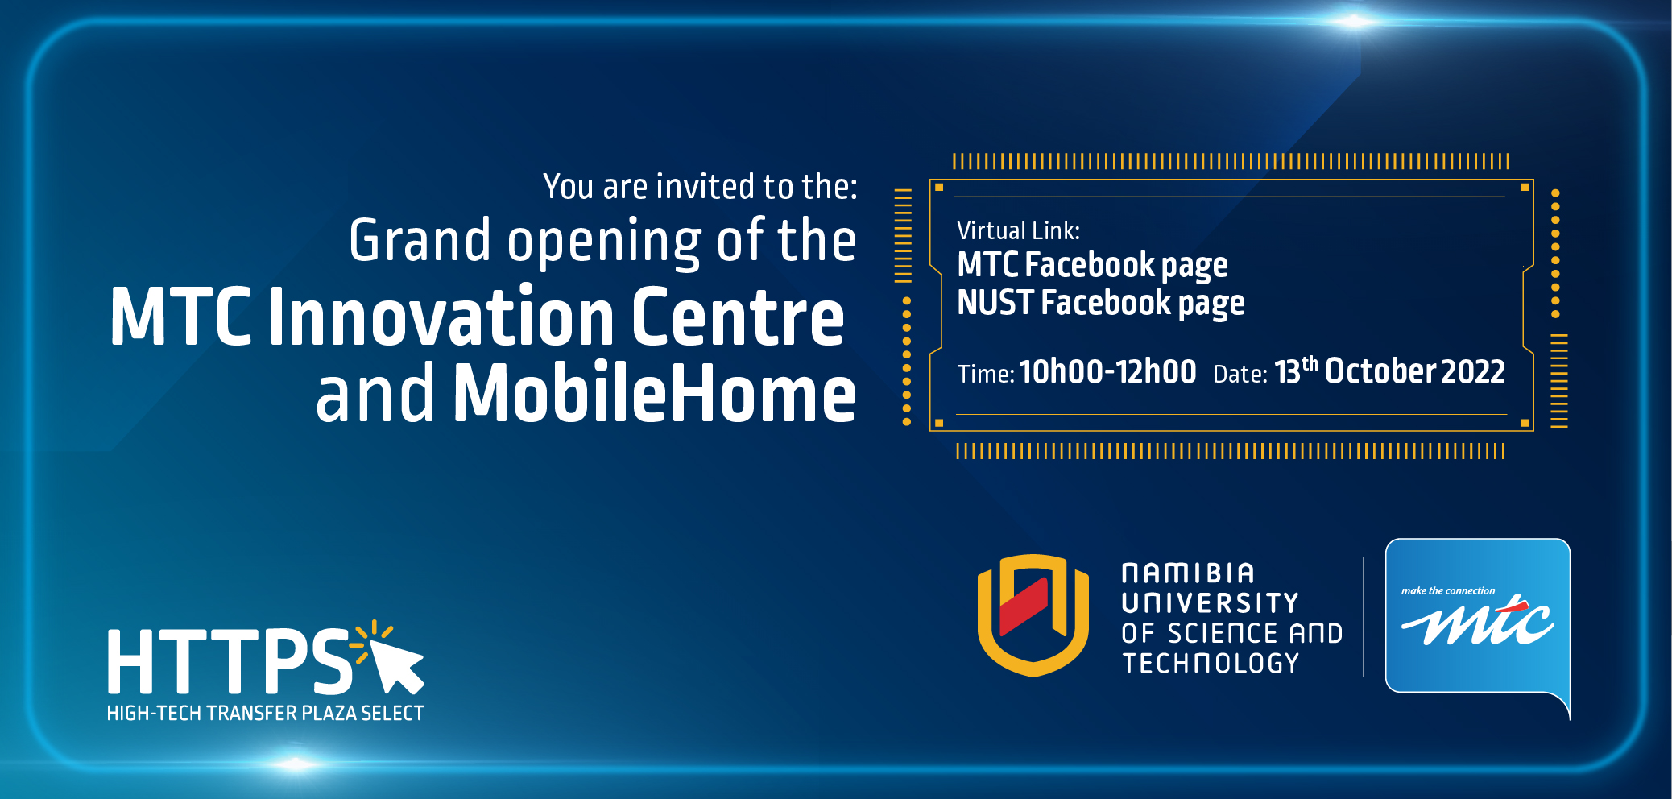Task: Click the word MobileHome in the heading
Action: coord(655,392)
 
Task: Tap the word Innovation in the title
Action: coord(442,316)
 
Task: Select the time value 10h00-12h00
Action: coord(1107,371)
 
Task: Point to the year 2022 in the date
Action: coord(1472,371)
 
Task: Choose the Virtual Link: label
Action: coord(1018,231)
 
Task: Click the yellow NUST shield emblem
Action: coord(1033,615)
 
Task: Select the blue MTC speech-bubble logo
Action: coord(1478,620)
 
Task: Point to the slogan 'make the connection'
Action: coord(1447,591)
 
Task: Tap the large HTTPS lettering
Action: coord(230,661)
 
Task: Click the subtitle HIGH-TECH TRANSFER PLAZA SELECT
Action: coord(266,714)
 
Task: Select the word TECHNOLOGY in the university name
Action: coord(1211,664)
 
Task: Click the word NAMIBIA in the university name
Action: coord(1188,573)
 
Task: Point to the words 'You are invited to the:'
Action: coord(700,187)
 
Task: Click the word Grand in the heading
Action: coord(420,240)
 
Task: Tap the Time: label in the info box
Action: coord(985,374)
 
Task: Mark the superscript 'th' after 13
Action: coord(1310,363)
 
